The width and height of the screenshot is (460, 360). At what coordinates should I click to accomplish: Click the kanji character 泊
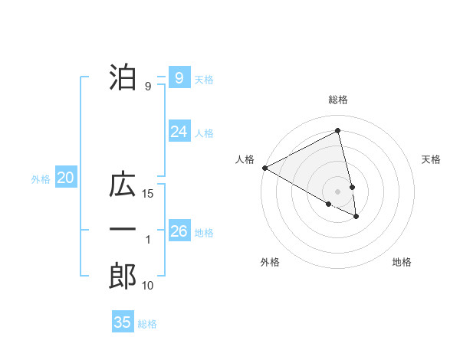point(123,77)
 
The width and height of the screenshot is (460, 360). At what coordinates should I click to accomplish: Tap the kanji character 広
point(123,186)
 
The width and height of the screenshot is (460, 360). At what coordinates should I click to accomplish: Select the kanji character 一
point(123,230)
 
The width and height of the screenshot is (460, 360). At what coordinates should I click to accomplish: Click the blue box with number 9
point(179,78)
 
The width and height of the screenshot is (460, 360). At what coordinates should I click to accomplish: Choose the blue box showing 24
point(179,132)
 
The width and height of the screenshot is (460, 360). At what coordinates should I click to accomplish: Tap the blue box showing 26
point(179,231)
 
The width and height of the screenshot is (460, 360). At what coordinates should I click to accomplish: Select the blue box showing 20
point(65,178)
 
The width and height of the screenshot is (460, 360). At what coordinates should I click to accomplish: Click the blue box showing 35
point(123,322)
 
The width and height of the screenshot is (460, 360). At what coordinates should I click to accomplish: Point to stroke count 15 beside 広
point(148,195)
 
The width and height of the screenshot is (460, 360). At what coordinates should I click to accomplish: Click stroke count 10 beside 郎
point(148,286)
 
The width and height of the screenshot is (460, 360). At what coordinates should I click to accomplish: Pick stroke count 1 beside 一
point(148,241)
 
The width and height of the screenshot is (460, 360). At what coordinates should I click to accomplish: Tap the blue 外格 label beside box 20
point(41,179)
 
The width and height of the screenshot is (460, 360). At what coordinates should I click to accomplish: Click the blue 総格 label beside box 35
point(147,323)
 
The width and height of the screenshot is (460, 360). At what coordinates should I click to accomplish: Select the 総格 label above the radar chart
point(337,100)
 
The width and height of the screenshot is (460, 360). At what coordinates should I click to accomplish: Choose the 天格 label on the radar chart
point(432,159)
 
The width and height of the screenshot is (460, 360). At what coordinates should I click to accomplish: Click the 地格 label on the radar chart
point(402,262)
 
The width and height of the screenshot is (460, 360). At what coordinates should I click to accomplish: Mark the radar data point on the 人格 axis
point(264,167)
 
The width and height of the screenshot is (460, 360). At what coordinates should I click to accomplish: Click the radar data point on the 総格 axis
point(337,131)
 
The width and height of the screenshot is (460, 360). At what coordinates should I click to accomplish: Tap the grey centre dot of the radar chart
point(337,191)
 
